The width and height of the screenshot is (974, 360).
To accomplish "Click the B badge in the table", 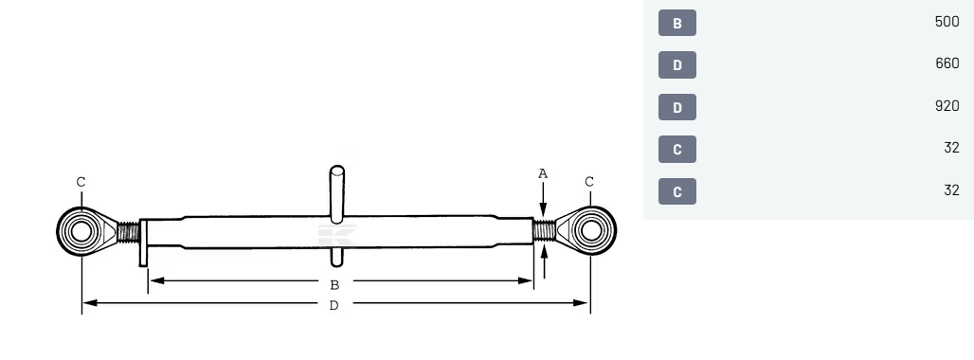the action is tap(677, 23).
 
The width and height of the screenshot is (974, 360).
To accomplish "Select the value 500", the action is tap(947, 22).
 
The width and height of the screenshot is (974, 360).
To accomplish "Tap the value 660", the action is tap(947, 63).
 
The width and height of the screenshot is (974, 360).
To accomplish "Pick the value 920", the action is tap(947, 106).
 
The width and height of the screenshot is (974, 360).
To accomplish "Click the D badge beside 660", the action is tap(677, 65).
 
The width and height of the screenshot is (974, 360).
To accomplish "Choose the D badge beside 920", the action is tap(677, 107).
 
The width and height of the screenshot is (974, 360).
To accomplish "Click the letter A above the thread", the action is tap(543, 173).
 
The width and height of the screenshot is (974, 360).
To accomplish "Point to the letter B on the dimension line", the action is tap(334, 285).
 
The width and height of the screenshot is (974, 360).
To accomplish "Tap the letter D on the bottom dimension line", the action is tap(334, 305).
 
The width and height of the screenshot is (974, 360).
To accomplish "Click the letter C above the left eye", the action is tap(81, 182).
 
